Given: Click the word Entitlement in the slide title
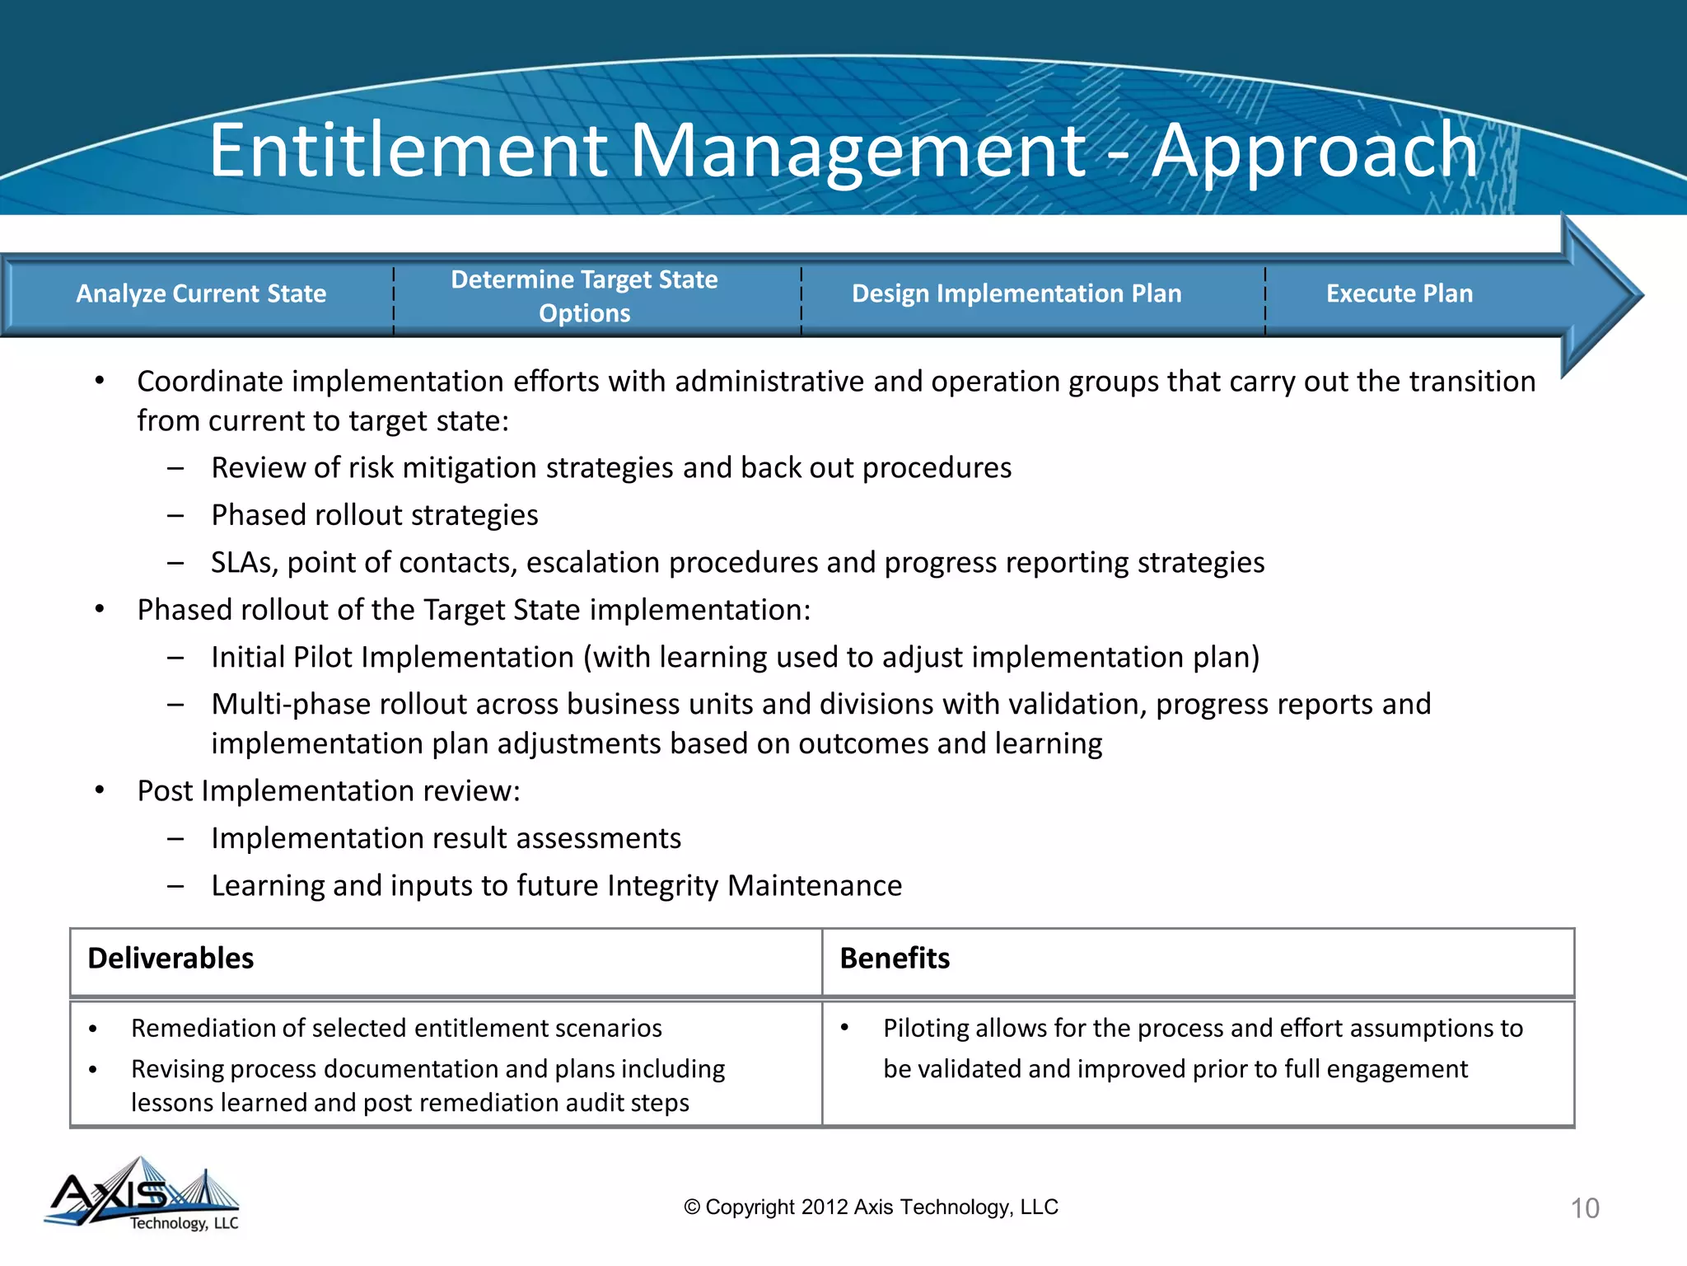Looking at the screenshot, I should pos(408,150).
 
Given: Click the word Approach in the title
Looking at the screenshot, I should pos(1315,150).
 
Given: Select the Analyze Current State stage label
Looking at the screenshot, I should pos(201,293).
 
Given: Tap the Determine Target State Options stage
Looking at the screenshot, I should pos(584,296).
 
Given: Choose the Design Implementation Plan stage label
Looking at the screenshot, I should pos(1016,293).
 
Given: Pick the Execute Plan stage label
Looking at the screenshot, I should pos(1399,293).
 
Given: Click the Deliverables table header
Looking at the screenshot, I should pos(171,959).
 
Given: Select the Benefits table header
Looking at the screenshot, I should pos(895,959).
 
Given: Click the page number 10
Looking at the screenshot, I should pos(1585,1208).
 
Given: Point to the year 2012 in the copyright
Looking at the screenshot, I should pos(825,1207).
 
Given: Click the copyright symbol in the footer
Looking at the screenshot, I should pos(692,1207).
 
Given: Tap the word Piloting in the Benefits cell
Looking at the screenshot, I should pos(927,1028).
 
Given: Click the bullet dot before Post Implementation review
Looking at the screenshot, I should pos(100,790).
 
